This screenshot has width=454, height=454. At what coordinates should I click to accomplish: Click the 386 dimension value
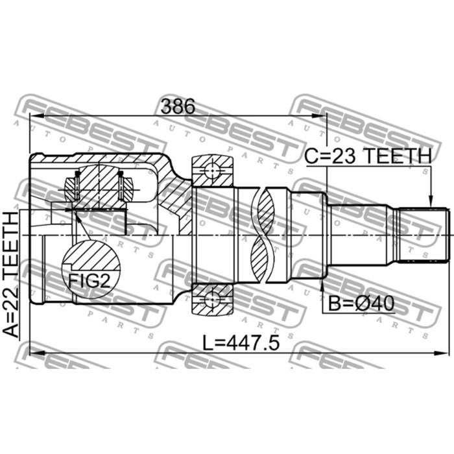tap(178, 106)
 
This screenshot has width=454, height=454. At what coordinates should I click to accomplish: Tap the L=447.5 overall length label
tap(241, 343)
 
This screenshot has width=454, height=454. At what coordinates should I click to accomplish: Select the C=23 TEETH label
tap(368, 156)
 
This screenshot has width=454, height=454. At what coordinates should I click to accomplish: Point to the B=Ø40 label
tap(361, 304)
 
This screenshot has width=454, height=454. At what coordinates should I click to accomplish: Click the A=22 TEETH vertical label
tap(11, 274)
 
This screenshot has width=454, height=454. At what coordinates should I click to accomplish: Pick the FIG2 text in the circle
tap(90, 281)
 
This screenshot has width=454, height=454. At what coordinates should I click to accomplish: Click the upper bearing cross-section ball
tap(212, 171)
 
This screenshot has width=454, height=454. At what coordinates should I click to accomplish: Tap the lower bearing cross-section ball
tap(212, 299)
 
